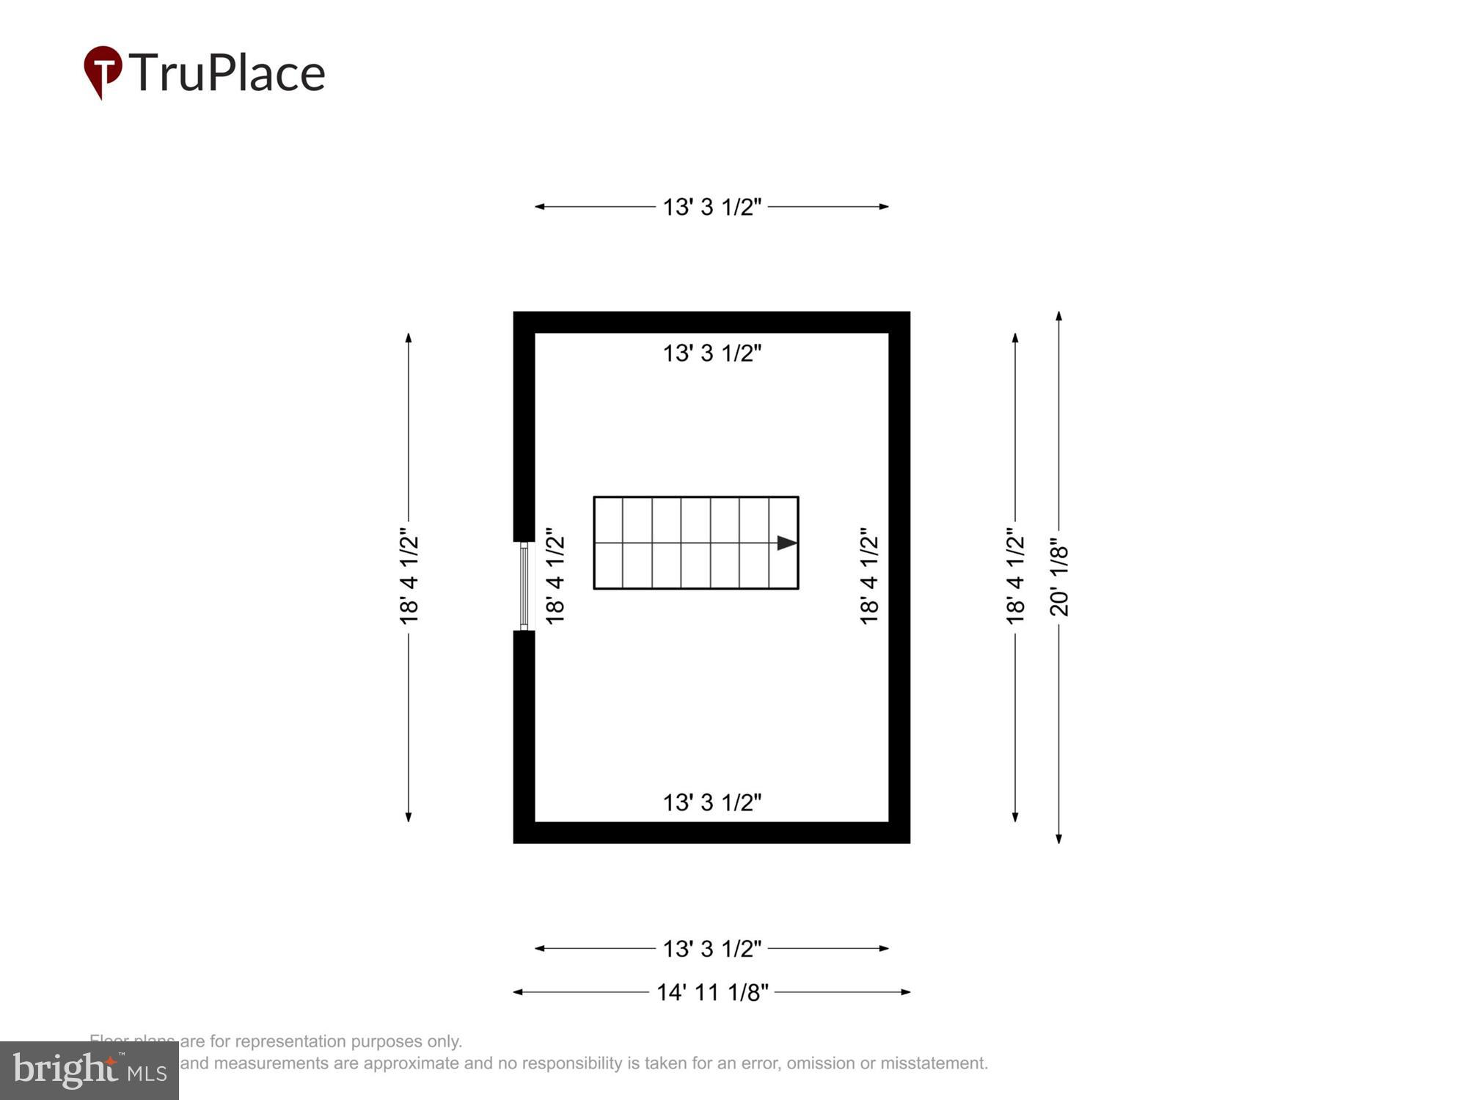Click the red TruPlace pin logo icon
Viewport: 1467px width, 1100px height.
102,70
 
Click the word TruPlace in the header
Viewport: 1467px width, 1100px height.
227,73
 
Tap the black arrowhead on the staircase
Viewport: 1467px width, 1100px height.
786,543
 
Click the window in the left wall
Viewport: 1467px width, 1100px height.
524,586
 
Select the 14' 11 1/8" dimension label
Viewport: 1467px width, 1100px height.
712,992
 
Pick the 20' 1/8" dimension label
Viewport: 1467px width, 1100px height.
1059,580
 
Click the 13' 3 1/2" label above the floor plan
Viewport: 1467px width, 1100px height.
712,207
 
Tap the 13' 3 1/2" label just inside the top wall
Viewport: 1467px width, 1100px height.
712,353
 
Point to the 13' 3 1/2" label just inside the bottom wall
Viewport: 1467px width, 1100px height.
712,802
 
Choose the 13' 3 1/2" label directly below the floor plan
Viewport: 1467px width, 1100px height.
712,948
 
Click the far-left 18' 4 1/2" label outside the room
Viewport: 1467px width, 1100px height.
409,576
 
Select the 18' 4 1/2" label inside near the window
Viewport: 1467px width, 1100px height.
555,576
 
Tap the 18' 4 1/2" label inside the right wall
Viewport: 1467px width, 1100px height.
869,576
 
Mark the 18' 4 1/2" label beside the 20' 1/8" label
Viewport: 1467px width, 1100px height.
1015,576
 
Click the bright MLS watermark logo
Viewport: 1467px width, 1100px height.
89,1071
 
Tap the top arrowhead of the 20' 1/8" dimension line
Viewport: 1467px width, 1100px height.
1058,316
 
